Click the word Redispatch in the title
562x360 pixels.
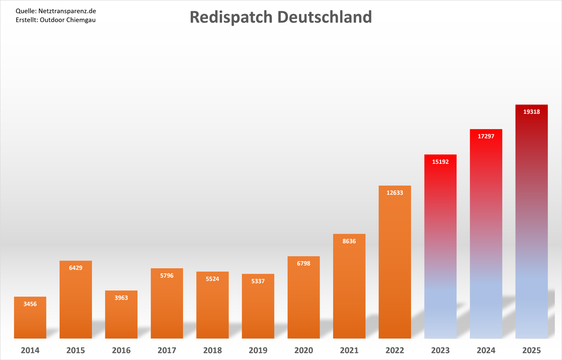[x=231, y=17]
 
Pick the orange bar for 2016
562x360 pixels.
[x=121, y=318]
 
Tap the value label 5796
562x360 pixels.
[x=167, y=275]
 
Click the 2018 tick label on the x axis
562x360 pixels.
[x=213, y=350]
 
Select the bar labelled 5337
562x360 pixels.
[x=258, y=309]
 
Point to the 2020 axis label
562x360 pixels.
[x=304, y=350]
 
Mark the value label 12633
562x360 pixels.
[x=395, y=192]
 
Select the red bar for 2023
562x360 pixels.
[x=440, y=248]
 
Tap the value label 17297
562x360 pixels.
[x=486, y=136]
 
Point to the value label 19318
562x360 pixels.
[x=532, y=111]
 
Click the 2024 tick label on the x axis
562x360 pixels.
[x=486, y=350]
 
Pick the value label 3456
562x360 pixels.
[x=30, y=304]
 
